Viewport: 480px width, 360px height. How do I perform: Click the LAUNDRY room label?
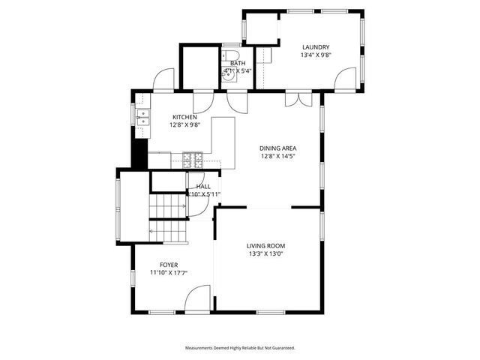pyautogui.click(x=315, y=46)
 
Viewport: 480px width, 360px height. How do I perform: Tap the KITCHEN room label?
pyautogui.click(x=184, y=117)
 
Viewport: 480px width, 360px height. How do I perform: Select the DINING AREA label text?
pyautogui.click(x=277, y=148)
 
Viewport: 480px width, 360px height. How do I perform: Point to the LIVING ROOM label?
pyautogui.click(x=265, y=245)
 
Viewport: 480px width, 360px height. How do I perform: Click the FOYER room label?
pyautogui.click(x=168, y=265)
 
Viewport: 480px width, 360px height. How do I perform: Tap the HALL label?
pyautogui.click(x=203, y=186)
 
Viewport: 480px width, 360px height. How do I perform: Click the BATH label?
pyautogui.click(x=237, y=63)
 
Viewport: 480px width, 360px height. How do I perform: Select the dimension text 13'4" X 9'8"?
pyautogui.click(x=315, y=55)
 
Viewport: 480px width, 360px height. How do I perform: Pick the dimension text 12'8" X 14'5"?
pyautogui.click(x=277, y=156)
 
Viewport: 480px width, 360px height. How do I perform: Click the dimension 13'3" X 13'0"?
pyautogui.click(x=265, y=253)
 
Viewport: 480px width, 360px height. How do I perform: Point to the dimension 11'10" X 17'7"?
pyautogui.click(x=168, y=273)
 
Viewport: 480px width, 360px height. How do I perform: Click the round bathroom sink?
pyautogui.click(x=226, y=73)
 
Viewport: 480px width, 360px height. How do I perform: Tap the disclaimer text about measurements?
pyautogui.click(x=240, y=348)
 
